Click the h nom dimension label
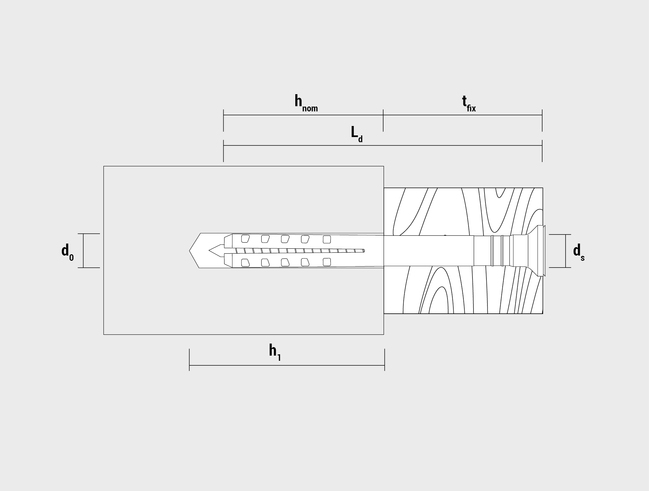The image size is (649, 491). coord(305,102)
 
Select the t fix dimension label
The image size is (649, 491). coord(468,102)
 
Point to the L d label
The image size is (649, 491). coord(356,133)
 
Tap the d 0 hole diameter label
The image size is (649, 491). coord(67,251)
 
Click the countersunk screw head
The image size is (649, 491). coord(532,250)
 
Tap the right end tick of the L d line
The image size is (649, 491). coord(542,151)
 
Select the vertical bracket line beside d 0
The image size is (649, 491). coord(82,250)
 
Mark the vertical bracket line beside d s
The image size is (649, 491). coord(567,250)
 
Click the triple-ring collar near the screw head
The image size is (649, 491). coord(498,250)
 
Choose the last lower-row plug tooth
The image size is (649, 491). coord(327,262)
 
